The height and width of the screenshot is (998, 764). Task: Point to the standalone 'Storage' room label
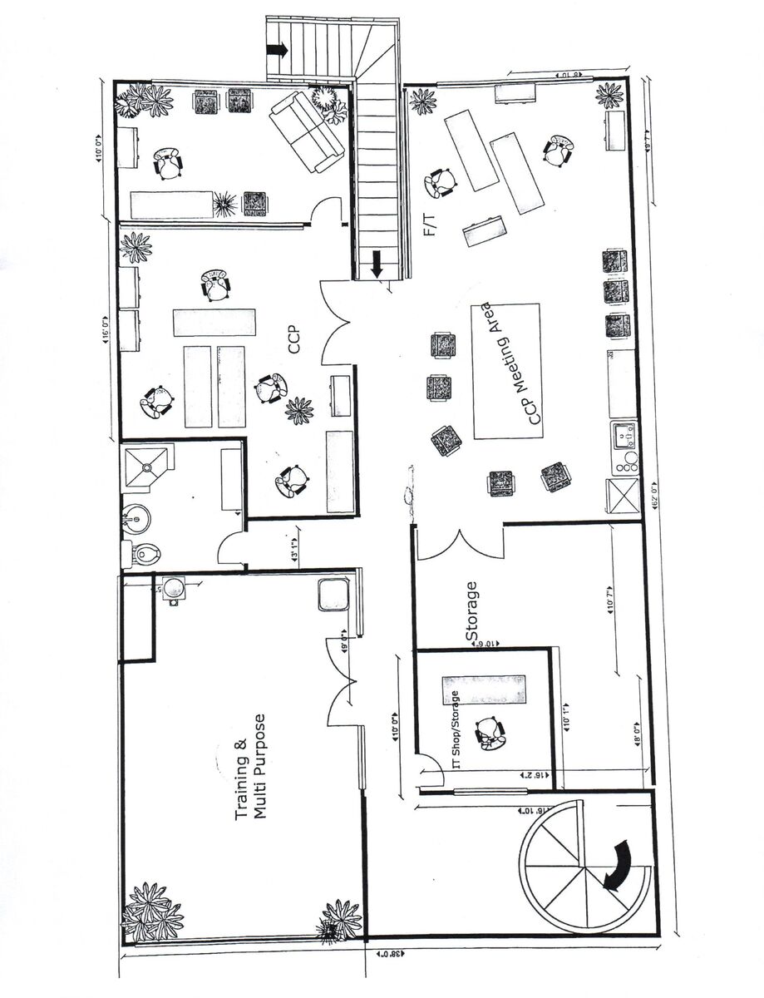(x=472, y=611)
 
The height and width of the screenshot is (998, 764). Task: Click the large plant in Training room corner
(x=153, y=912)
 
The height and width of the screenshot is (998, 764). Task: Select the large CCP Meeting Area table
(x=506, y=371)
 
